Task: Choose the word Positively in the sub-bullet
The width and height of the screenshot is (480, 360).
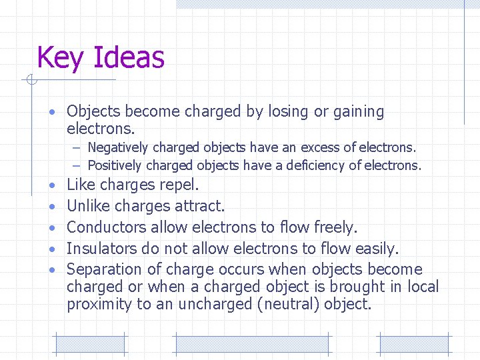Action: [115, 165]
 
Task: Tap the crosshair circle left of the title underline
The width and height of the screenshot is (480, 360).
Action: [30, 81]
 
